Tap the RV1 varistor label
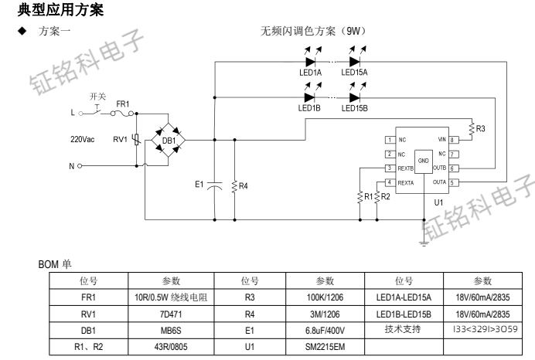118,141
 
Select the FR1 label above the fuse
123,104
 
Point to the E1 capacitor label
199,185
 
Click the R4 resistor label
244,186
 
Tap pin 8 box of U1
454,140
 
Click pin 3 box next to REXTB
390,168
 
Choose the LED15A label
355,72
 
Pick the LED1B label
309,109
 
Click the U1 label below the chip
438,202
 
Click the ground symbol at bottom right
424,243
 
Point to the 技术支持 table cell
403,330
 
